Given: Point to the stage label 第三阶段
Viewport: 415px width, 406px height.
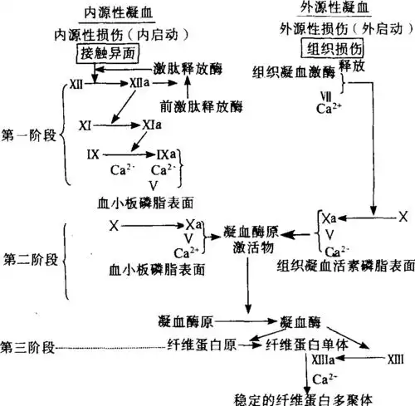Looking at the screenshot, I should pyautogui.click(x=30, y=342).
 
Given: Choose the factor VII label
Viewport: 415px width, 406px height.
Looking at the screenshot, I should pyautogui.click(x=325, y=94).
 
